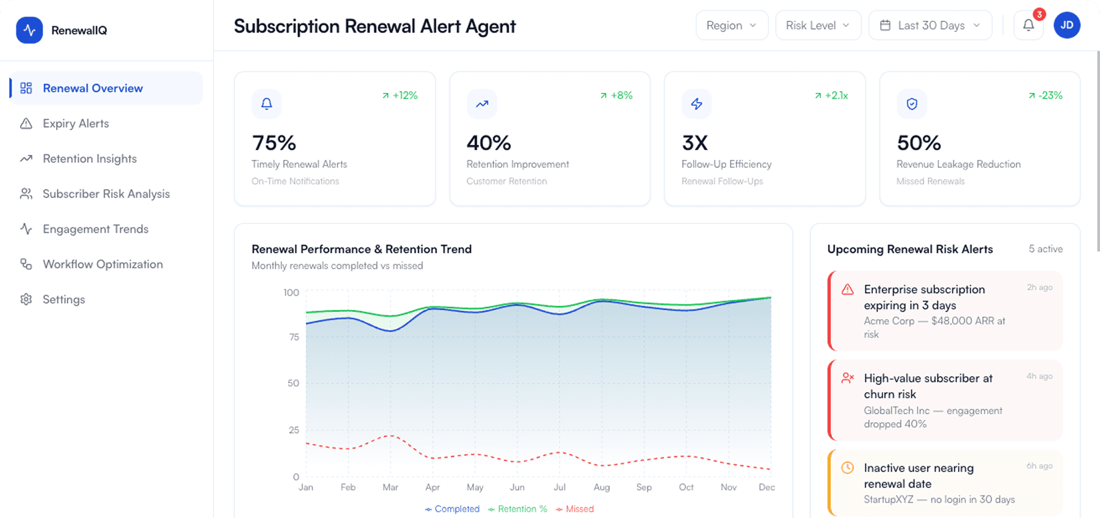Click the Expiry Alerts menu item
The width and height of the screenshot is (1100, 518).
76,124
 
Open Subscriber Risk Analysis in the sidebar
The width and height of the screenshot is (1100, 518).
106,194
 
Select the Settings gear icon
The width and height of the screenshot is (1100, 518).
26,299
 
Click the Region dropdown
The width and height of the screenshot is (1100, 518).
732,25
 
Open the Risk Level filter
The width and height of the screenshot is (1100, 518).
817,25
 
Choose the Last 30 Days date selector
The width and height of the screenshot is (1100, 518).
930,25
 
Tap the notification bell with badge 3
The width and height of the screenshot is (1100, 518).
1028,25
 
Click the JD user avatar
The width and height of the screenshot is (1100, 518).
1066,25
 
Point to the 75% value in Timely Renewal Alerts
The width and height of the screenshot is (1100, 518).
274,143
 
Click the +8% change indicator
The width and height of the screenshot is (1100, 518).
616,95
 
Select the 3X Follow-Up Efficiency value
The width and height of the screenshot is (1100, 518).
694,143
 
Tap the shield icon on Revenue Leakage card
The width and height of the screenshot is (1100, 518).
911,104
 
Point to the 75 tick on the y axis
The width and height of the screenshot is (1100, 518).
294,337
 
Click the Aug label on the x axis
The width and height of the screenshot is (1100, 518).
601,487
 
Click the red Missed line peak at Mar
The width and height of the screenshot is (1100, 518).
390,436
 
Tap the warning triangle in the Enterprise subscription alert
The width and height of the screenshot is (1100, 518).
847,289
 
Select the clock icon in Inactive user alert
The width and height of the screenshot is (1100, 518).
847,468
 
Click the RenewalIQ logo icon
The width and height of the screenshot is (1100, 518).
29,30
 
